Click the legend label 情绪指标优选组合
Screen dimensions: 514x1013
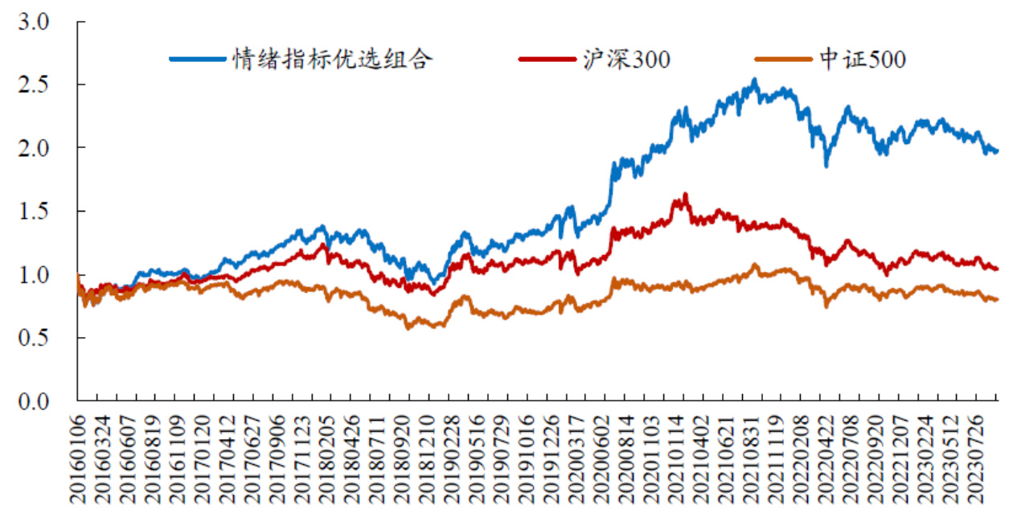coord(333,59)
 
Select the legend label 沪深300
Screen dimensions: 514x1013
coord(628,59)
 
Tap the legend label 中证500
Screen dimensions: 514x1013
coord(862,59)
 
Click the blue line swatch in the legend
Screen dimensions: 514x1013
coord(198,59)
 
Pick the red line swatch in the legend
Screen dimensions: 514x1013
coord(548,59)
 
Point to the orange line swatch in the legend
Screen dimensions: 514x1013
coord(783,59)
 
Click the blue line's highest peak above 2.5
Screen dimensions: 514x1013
coord(754,80)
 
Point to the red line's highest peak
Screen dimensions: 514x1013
coord(685,194)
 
